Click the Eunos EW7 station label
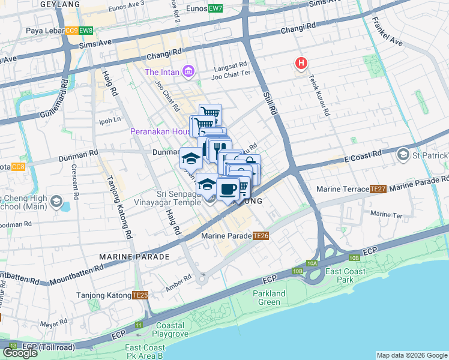point(203,9)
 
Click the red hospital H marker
point(301,63)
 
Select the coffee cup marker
point(228,190)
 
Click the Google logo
point(20,353)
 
